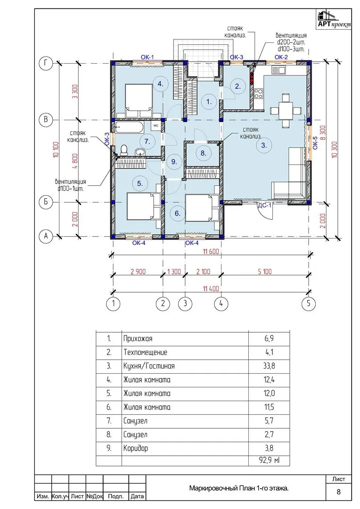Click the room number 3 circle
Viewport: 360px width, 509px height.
click(264, 145)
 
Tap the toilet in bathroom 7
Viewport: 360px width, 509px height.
click(123, 150)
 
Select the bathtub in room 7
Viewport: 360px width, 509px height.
click(129, 127)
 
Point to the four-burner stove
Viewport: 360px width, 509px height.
click(259, 93)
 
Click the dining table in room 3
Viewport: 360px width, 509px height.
click(286, 110)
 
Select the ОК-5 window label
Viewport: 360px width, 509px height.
click(315, 142)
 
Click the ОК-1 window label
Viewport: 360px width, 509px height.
click(147, 57)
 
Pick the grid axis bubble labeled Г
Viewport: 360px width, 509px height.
click(46, 63)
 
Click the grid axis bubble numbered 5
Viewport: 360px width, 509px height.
click(308, 304)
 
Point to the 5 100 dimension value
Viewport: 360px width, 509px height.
click(265, 271)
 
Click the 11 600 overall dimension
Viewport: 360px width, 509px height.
click(211, 251)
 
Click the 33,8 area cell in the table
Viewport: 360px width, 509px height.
click(269, 366)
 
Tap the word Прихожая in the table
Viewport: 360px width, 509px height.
click(138, 339)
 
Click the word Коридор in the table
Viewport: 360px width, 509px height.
click(136, 449)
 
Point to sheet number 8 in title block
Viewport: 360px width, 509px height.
click(339, 492)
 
